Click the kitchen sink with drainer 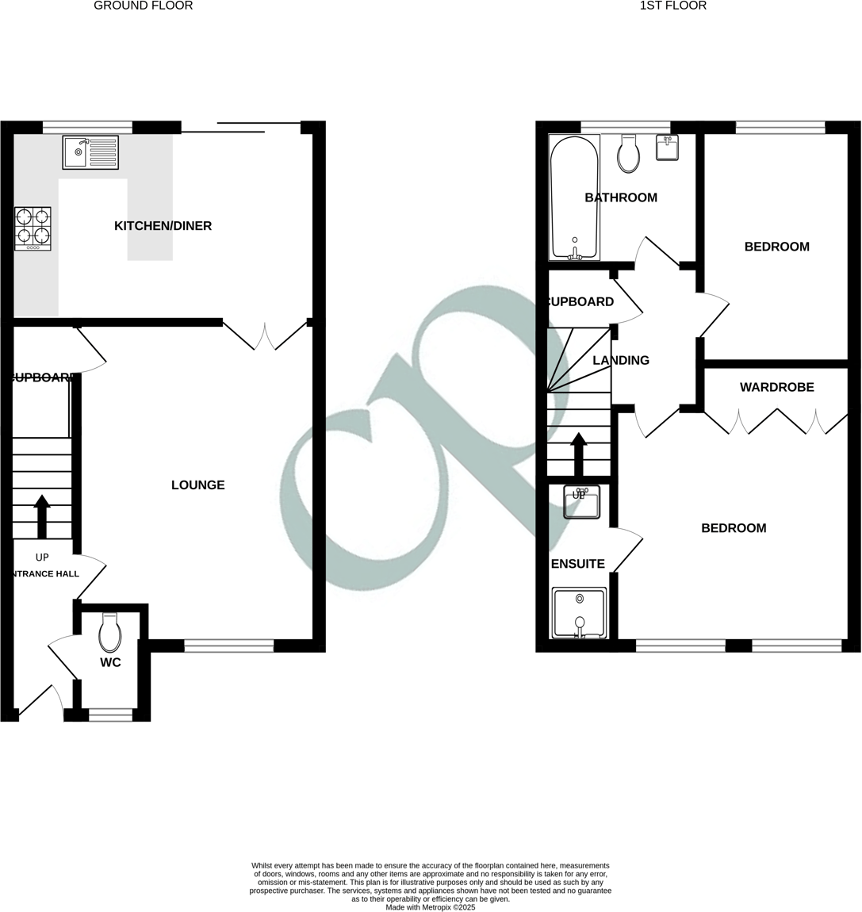tap(90, 152)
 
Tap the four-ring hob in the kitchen tap(33, 228)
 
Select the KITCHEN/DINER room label tap(163, 226)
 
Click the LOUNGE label tap(198, 485)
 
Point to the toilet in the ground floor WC tap(110, 633)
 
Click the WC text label tap(110, 662)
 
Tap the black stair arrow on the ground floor tap(42, 516)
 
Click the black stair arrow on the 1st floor tap(578, 454)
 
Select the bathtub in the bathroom tap(574, 198)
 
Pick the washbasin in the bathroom tap(668, 148)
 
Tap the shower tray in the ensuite tap(580, 612)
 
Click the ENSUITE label tap(577, 564)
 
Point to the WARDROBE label tap(776, 388)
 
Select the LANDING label tap(621, 360)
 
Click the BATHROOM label tap(621, 197)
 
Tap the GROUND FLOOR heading tap(143, 6)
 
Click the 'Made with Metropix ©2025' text tap(431, 907)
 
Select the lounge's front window tap(229, 646)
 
